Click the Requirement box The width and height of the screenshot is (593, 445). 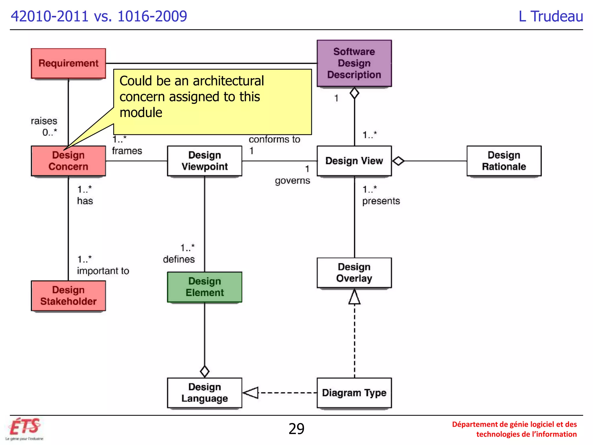point(68,63)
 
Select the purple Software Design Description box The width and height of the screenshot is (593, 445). point(354,63)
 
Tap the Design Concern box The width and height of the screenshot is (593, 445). point(68,161)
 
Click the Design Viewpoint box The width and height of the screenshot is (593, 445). point(204,161)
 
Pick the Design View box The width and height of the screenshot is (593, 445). point(354,161)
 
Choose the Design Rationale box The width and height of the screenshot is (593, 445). point(504,161)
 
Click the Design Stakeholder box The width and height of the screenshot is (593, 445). point(68,296)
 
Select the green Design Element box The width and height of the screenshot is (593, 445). point(204,287)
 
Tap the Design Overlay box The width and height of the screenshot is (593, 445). point(354,273)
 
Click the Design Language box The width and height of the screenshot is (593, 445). point(204,393)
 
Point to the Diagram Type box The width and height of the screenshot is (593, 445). point(354,393)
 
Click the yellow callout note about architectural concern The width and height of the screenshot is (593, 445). point(212,101)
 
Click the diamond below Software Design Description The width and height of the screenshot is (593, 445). point(354,93)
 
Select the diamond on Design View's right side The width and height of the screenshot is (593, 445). point(398,161)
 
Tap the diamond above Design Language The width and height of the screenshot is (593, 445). point(205,371)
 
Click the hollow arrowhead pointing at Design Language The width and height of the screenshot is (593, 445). point(251,393)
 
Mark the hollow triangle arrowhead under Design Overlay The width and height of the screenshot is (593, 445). point(354,297)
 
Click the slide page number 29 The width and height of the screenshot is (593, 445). point(296,429)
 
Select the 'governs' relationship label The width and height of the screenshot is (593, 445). point(292,181)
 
